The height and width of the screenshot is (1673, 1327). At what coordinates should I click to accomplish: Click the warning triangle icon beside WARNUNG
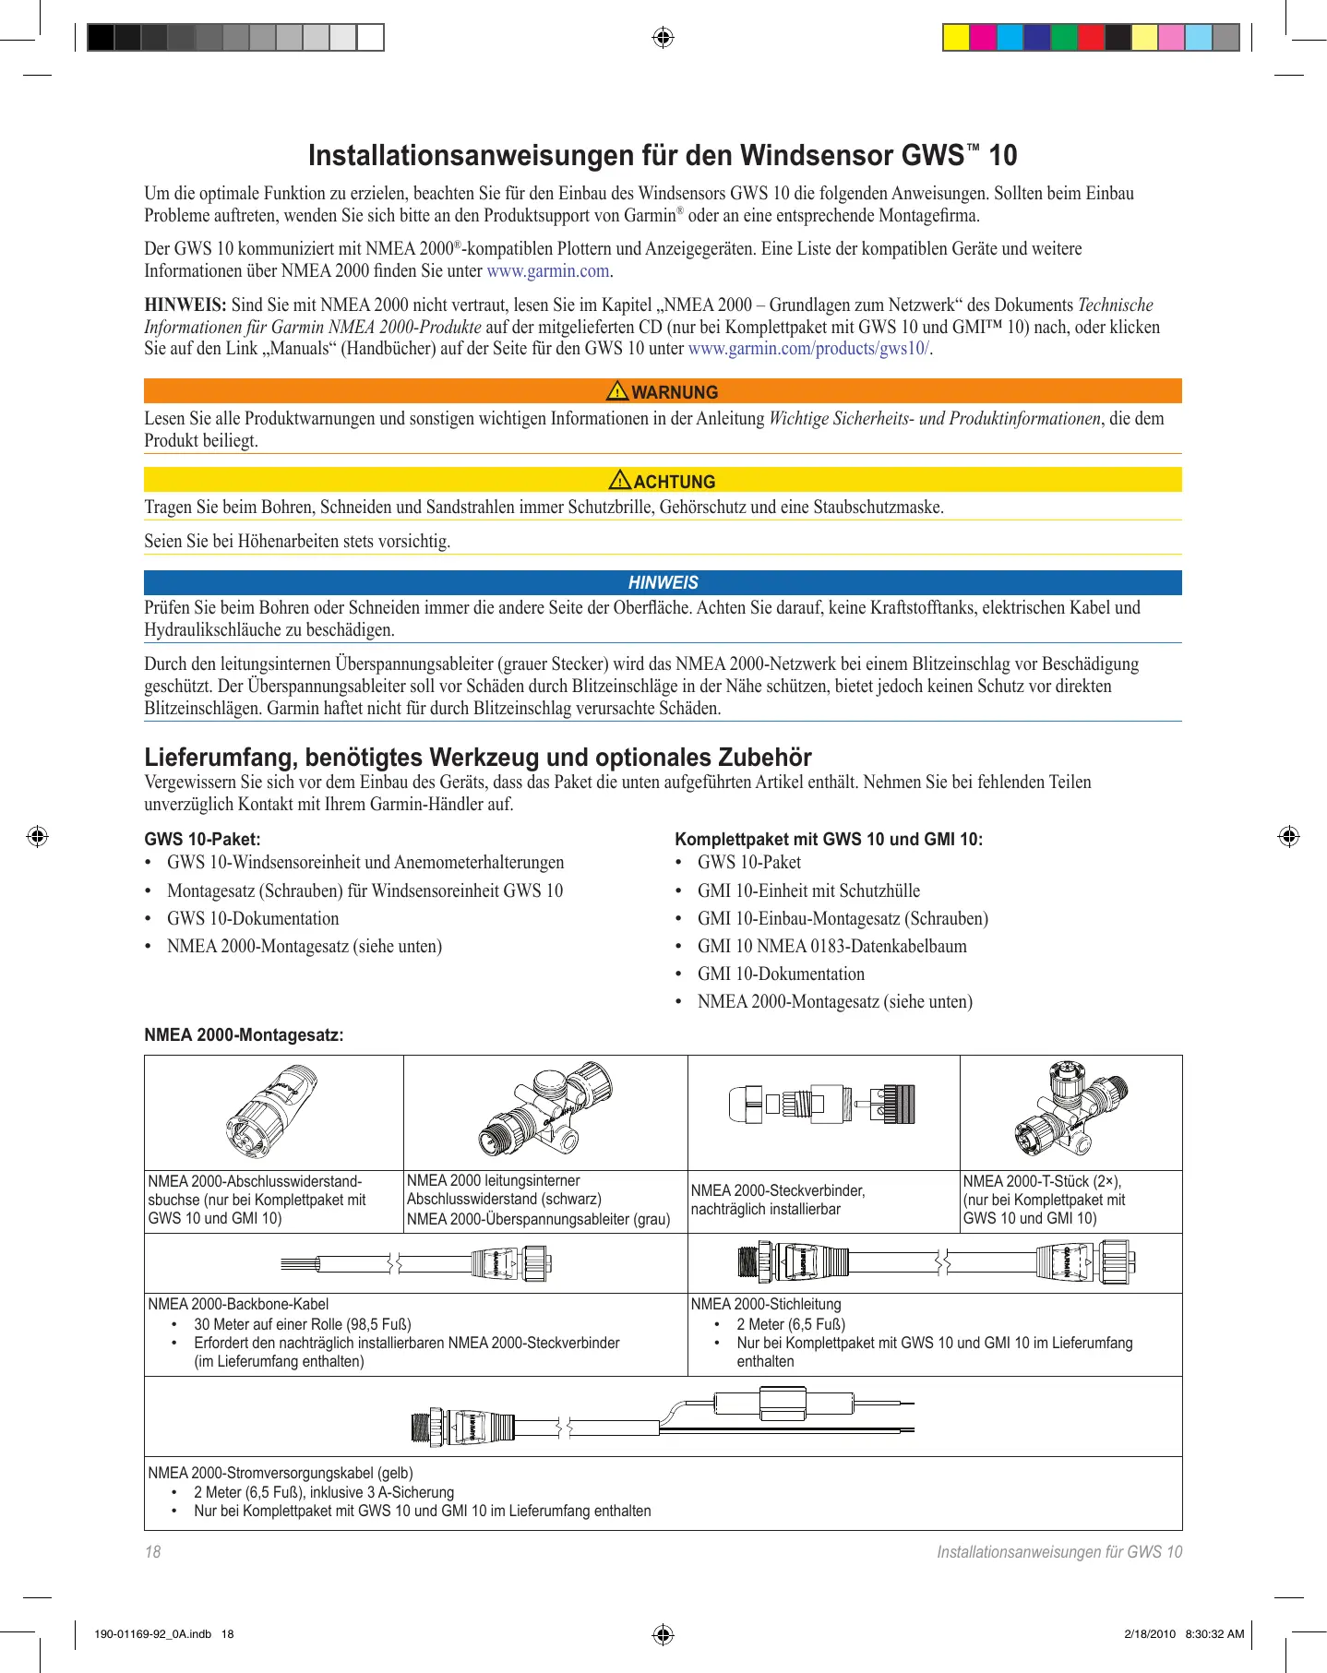tap(616, 391)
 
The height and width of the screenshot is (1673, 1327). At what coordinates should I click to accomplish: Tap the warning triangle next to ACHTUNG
tap(619, 480)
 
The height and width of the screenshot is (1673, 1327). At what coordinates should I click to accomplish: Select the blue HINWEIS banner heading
tap(663, 582)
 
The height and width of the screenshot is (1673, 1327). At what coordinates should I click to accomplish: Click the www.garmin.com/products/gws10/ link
tap(808, 349)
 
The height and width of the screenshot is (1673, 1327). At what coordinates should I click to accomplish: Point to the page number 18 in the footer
tap(152, 1552)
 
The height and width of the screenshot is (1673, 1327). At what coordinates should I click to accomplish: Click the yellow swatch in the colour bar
tap(955, 38)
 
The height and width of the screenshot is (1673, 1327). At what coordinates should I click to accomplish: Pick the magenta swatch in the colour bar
tap(983, 38)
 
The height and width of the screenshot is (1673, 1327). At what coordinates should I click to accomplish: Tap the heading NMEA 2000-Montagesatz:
tap(244, 1034)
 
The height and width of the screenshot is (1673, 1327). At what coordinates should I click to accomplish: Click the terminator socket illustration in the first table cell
tap(272, 1111)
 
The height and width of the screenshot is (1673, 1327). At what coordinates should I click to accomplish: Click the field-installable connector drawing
tap(822, 1104)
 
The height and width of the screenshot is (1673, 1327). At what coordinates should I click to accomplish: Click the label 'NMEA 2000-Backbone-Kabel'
tap(238, 1304)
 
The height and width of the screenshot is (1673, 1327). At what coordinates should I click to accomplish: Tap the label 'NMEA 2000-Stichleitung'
tap(765, 1304)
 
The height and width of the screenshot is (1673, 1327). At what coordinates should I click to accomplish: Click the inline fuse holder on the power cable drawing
tap(783, 1404)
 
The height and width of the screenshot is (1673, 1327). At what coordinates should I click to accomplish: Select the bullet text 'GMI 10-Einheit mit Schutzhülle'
tap(808, 890)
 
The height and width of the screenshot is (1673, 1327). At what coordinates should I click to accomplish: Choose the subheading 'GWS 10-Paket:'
tap(202, 839)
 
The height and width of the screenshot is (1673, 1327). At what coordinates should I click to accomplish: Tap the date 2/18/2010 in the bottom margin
tap(1150, 1634)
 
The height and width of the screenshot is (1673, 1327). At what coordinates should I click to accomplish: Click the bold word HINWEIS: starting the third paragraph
tap(185, 305)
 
